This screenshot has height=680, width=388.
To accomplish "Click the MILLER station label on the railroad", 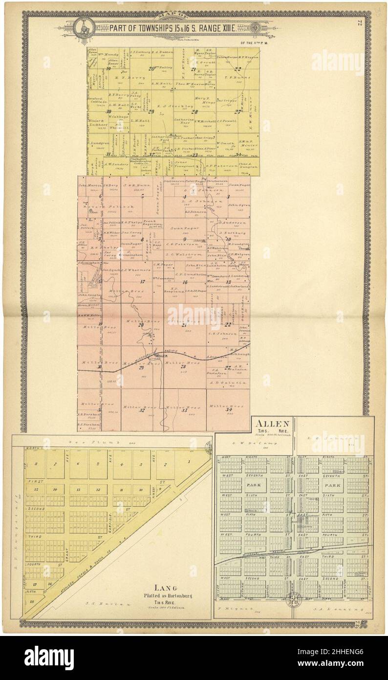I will pyautogui.click(x=162, y=356).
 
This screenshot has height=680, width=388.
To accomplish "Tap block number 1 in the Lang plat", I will pyautogui.click(x=188, y=462).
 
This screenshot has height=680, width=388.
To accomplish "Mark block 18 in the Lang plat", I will pyautogui.click(x=32, y=602).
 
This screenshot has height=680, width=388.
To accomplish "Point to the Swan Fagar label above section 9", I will pyautogui.click(x=179, y=228).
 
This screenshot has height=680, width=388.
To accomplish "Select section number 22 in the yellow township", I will pyautogui.click(x=238, y=69).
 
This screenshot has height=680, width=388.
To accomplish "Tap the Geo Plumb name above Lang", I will pyautogui.click(x=106, y=441).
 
